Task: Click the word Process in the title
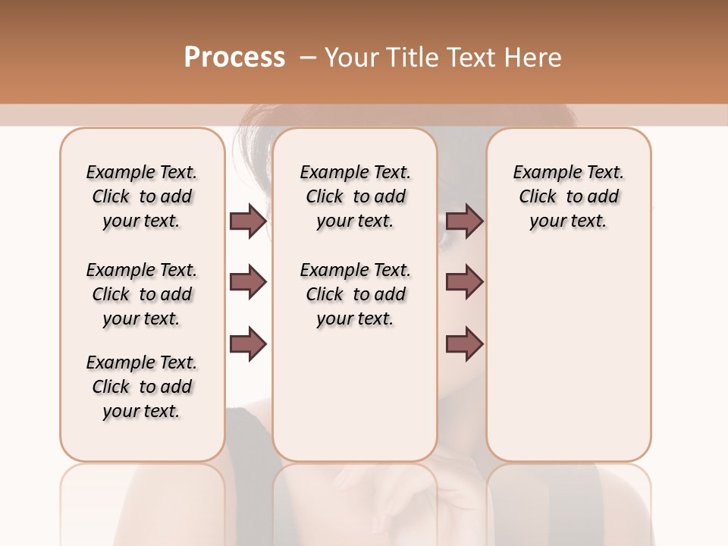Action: point(234,58)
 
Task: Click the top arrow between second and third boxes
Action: point(464,221)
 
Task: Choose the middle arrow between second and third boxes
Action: point(464,283)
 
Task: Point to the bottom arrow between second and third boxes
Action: point(464,344)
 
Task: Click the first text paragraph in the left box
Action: point(142,196)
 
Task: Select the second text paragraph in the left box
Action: point(142,294)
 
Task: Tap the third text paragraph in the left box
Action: point(142,387)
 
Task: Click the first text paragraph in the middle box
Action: point(355,196)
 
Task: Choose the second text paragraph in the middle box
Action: point(355,294)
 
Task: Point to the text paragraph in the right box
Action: point(568,196)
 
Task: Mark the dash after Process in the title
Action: point(308,58)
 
